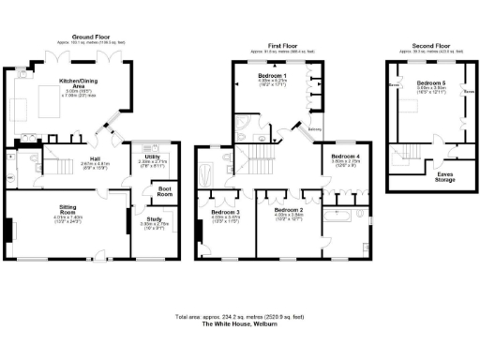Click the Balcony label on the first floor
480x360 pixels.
point(316,129)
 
